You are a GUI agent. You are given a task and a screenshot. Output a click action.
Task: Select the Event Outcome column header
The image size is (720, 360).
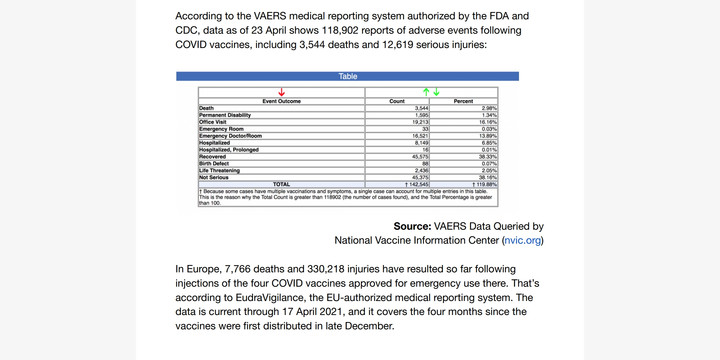pos(282,101)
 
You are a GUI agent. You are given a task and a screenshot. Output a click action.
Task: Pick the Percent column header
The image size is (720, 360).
pos(464,101)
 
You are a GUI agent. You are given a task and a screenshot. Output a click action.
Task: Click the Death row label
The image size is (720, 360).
pos(206,108)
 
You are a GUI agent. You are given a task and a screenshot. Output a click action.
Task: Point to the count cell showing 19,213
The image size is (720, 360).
pos(418,121)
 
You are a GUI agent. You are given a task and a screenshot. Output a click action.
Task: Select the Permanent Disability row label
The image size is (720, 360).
pos(226,115)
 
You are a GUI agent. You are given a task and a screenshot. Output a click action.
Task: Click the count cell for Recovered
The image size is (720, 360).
pos(417,157)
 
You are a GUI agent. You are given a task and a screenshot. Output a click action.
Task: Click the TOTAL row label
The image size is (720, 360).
pos(282,184)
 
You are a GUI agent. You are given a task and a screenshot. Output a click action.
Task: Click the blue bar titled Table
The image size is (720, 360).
pos(347,76)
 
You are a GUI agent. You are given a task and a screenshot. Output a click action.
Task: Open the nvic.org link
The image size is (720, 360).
pos(523,240)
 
